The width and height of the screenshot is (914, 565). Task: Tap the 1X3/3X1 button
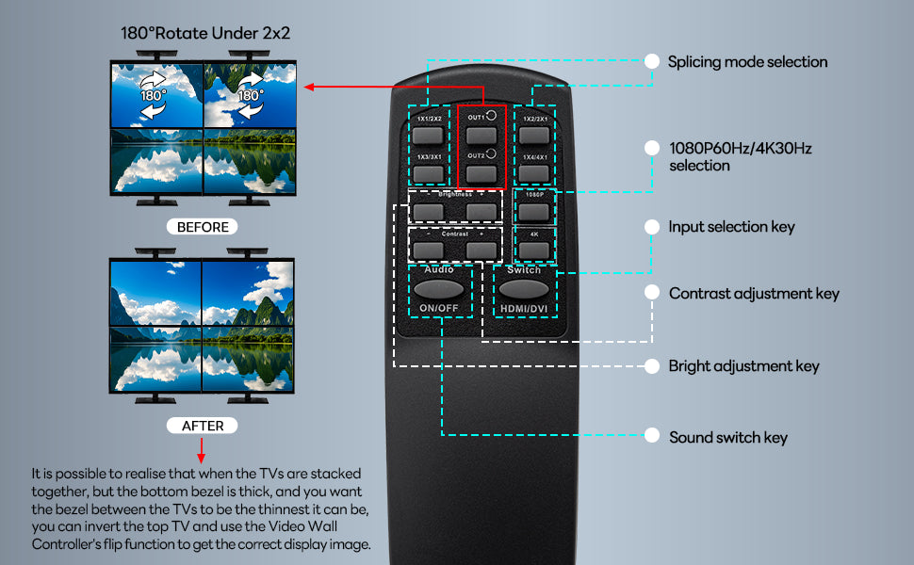coord(428,173)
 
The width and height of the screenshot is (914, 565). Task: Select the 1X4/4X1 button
coord(535,173)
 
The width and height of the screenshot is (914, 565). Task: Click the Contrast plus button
coord(481,250)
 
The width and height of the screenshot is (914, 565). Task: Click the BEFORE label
coord(204,227)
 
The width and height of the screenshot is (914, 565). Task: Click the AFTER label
coord(204,426)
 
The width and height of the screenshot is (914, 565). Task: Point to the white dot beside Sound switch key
coord(650,436)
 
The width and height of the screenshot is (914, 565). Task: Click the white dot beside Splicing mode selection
coord(650,61)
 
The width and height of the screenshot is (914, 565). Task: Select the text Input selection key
coord(731,227)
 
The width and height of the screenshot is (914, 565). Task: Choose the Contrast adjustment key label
coord(754,294)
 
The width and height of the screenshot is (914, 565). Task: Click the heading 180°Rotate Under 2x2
coord(205,33)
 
